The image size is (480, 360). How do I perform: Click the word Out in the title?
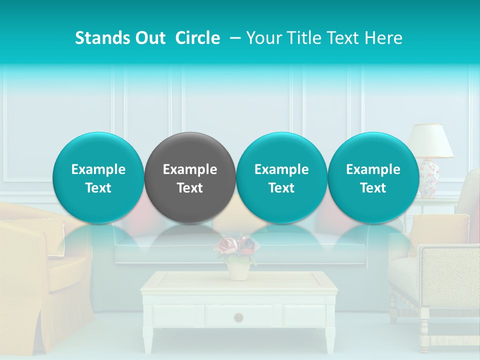click(x=148, y=38)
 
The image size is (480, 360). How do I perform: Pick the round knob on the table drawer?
click(x=238, y=316)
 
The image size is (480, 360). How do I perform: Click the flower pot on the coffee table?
click(x=238, y=270)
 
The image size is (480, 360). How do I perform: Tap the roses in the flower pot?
click(x=237, y=245)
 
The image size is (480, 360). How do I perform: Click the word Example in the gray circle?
click(x=190, y=169)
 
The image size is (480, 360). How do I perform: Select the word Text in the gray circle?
click(x=190, y=188)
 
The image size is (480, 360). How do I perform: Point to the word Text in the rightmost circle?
click(x=373, y=188)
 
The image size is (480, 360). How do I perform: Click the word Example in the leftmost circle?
click(x=98, y=169)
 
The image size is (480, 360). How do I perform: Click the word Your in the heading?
click(x=263, y=38)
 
